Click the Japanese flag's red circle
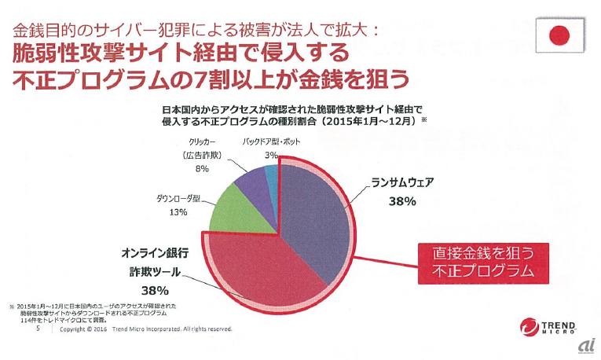[559, 35]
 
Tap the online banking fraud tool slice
[267, 271]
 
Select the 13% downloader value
[177, 212]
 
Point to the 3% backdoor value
[271, 156]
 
